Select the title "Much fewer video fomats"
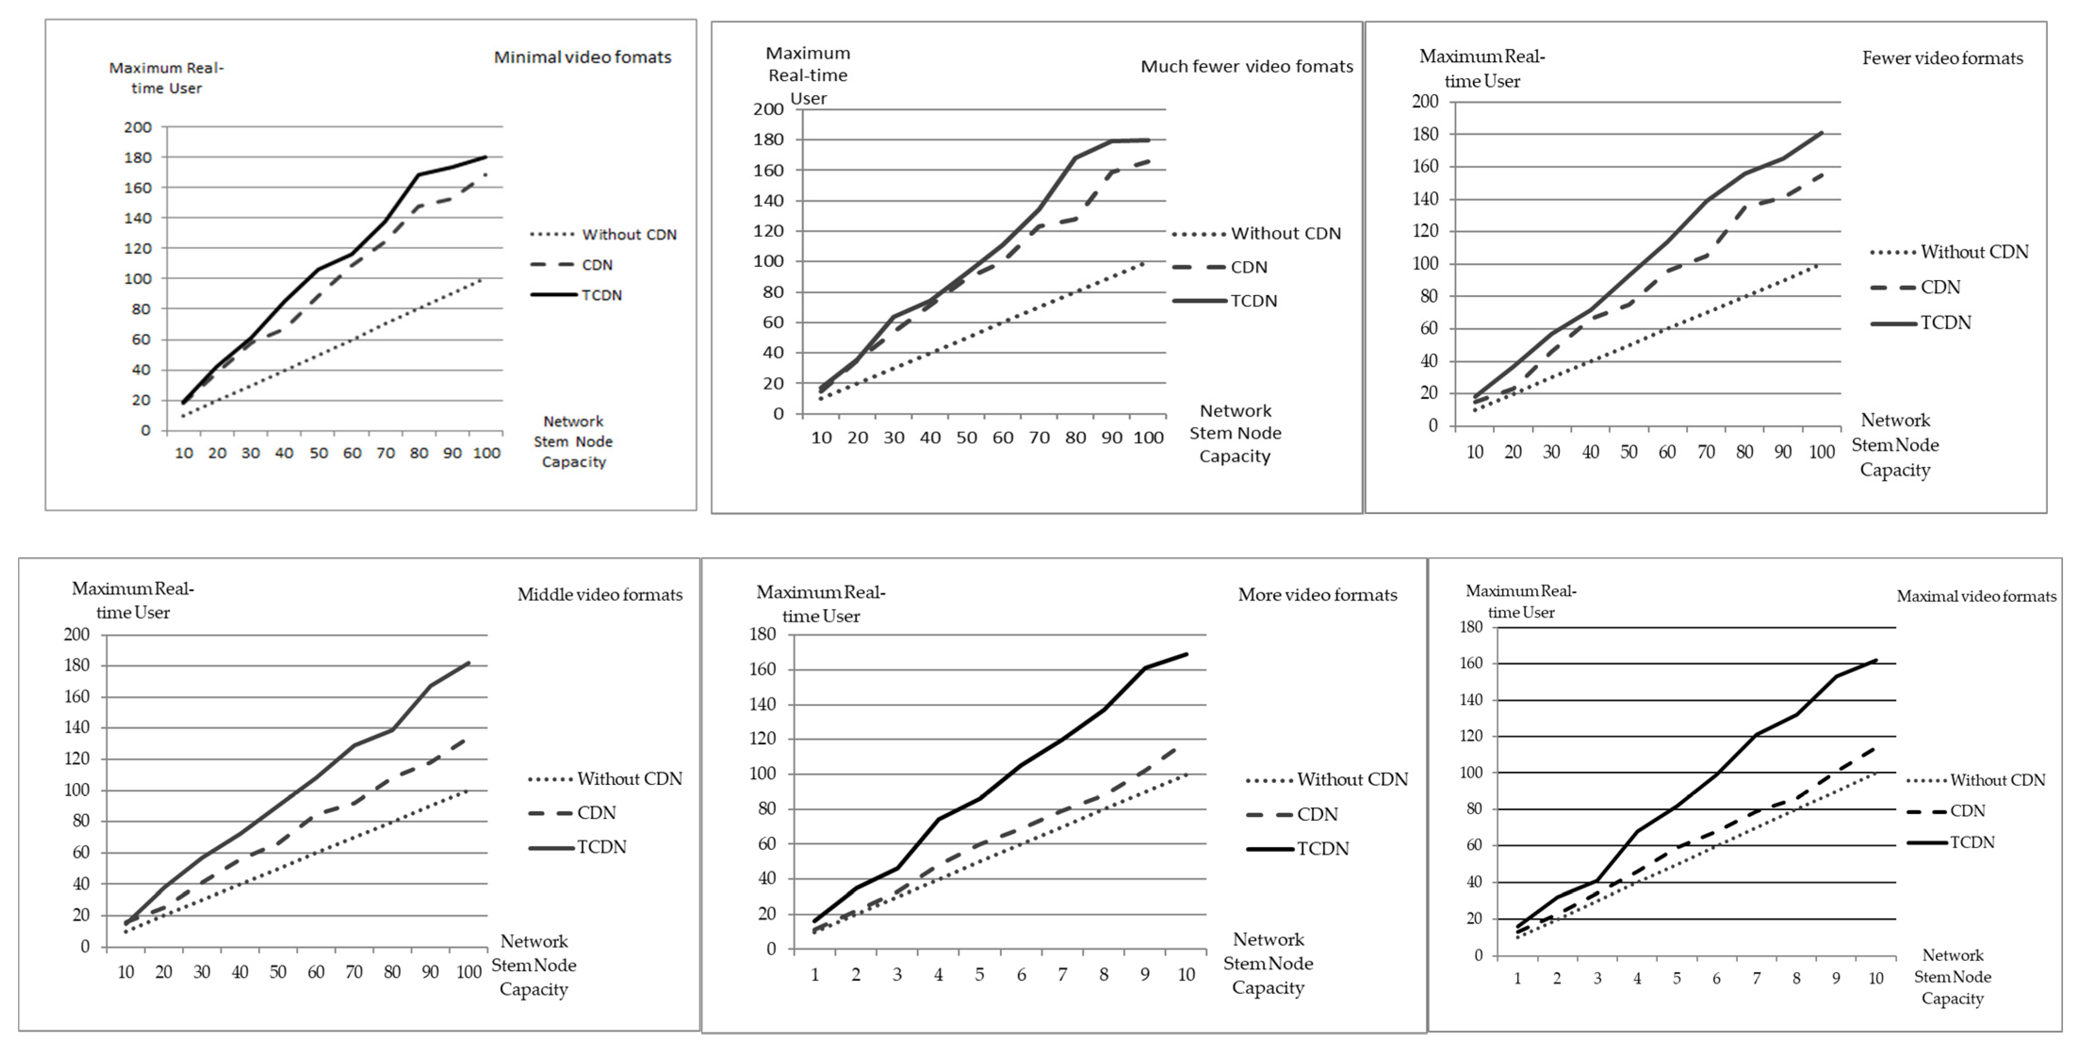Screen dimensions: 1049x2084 click(x=1246, y=66)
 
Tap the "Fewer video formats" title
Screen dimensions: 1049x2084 click(x=1942, y=58)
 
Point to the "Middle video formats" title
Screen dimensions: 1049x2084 click(x=600, y=595)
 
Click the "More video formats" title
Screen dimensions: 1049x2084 click(x=1317, y=595)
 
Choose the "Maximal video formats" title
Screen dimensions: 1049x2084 click(x=1977, y=596)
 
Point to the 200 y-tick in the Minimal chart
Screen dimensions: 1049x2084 click(x=138, y=127)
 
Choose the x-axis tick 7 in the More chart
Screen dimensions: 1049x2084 click(x=1062, y=975)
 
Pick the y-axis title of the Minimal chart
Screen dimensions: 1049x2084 click(x=166, y=78)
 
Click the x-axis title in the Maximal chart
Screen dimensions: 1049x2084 click(x=1952, y=976)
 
